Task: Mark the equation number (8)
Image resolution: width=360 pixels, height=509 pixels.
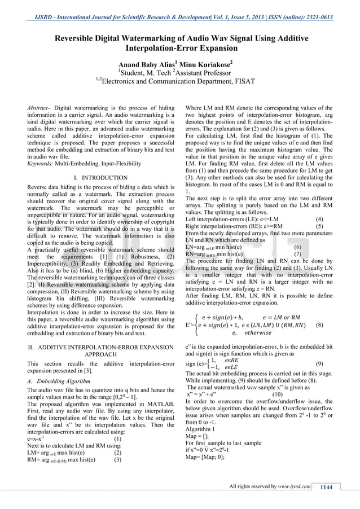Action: point(319,325)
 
